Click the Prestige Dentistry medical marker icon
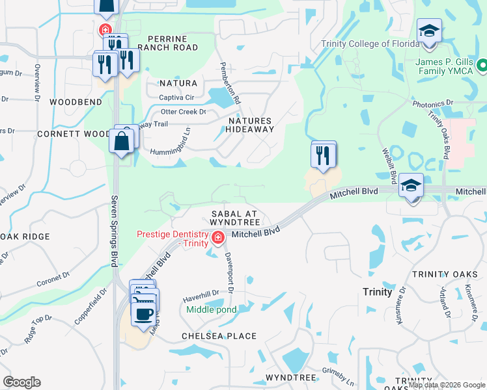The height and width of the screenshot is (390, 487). click(217, 239)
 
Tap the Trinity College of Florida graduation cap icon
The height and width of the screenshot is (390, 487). click(429, 32)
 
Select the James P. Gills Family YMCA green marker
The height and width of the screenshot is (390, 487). click(482, 66)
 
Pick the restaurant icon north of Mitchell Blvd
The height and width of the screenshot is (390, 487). click(324, 155)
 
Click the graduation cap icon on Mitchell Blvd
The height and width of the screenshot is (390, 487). click(411, 187)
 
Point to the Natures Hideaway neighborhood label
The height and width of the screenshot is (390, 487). click(250, 125)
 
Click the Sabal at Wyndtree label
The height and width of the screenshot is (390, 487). click(234, 218)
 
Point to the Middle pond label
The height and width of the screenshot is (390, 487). click(212, 309)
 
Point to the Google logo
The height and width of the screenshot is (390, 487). click(22, 382)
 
